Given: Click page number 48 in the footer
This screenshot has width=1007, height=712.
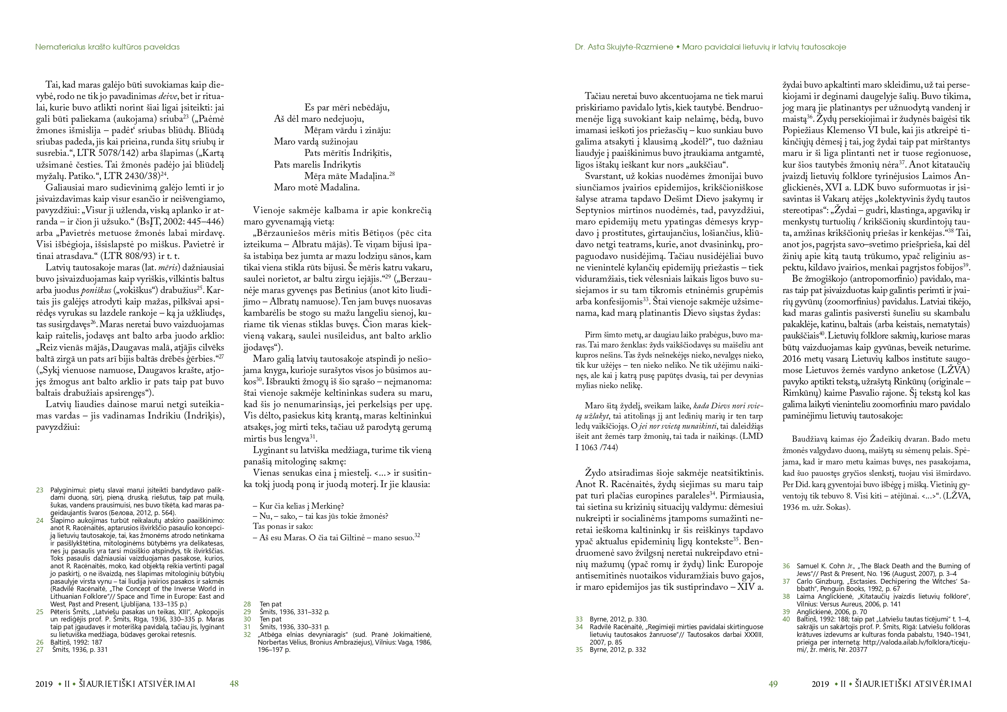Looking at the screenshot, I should tap(234, 684).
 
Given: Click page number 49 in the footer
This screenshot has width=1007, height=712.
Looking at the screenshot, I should tap(773, 684).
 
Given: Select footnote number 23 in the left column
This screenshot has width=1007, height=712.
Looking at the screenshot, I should tap(39, 490).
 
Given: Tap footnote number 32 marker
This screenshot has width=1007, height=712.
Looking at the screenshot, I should tap(247, 634).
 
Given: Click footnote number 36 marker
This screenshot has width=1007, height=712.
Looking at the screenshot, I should tap(786, 566).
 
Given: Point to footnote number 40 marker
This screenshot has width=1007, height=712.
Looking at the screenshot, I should tap(786, 619).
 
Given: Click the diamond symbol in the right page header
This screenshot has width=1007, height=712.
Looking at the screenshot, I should tap(677, 47).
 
